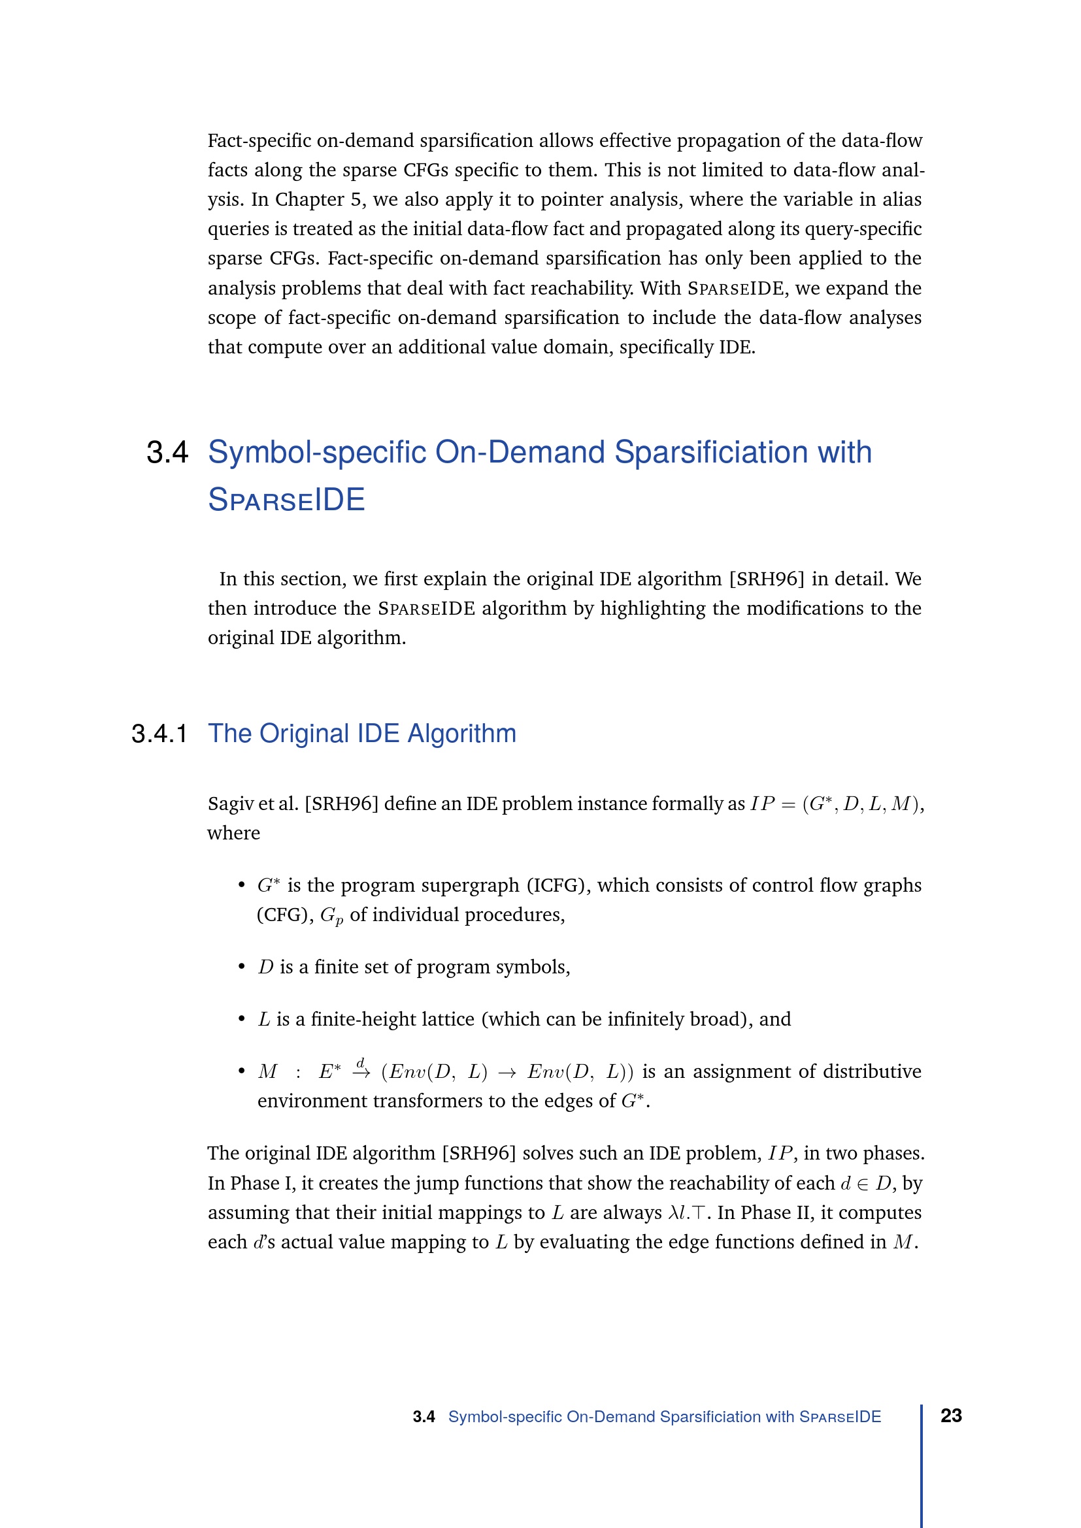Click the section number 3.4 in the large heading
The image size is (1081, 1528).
click(167, 453)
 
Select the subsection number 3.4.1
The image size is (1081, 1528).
click(159, 734)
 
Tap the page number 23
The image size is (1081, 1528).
click(950, 1416)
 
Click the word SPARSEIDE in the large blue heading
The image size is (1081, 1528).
click(286, 500)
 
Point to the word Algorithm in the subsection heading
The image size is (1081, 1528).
click(461, 734)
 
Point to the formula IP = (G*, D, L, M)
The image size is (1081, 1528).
click(837, 804)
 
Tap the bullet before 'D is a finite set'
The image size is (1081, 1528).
click(242, 967)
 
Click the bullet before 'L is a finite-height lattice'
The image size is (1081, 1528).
click(242, 1020)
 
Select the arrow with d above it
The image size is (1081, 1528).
click(361, 1071)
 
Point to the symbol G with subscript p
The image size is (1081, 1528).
click(331, 916)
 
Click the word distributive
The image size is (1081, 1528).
click(872, 1071)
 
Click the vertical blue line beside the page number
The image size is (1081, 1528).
click(922, 1464)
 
